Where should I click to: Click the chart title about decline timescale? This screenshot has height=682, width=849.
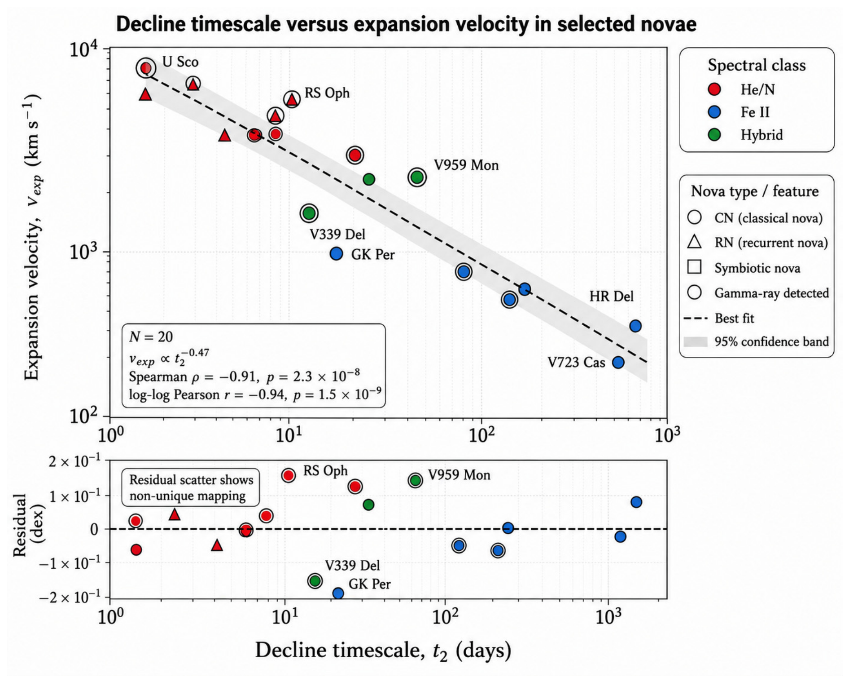tap(406, 24)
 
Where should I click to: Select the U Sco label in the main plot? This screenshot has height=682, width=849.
tap(180, 62)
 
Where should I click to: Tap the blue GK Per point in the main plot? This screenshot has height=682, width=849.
tap(336, 253)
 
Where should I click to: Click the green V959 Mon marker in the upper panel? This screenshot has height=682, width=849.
tap(417, 177)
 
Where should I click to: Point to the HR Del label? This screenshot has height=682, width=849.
tap(611, 297)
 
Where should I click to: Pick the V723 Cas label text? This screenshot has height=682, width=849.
tap(576, 362)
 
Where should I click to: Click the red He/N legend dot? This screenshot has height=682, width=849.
tap(714, 89)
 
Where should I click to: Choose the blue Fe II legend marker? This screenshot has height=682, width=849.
tap(714, 112)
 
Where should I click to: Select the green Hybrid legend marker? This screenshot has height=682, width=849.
tap(714, 135)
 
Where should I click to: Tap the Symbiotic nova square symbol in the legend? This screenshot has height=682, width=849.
tap(695, 267)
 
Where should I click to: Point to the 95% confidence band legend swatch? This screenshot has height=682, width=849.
tap(696, 342)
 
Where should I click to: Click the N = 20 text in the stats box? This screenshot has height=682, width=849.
tap(151, 337)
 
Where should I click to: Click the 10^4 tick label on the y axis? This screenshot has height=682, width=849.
tap(84, 49)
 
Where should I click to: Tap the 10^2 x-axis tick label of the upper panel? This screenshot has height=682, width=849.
tap(481, 434)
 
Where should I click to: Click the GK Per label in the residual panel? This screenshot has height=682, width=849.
tap(369, 584)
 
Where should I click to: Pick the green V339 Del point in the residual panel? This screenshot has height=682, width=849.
tap(315, 581)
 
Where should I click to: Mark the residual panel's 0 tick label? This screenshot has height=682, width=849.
tap(94, 529)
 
